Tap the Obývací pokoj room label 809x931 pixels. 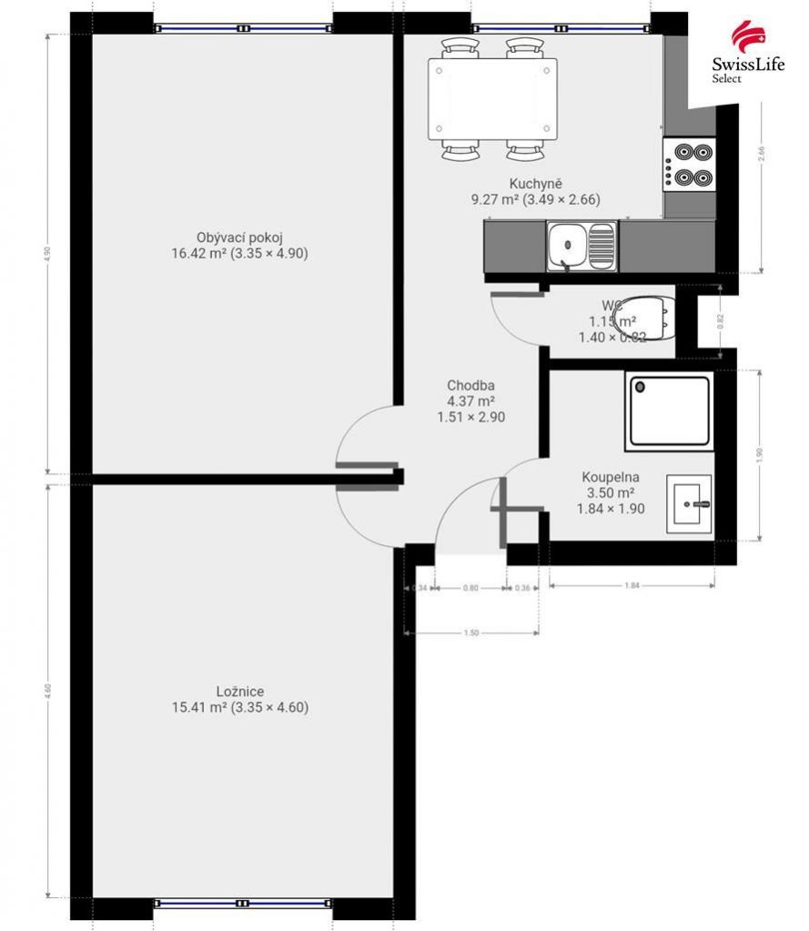coord(239,246)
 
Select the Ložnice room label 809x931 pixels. coord(240,699)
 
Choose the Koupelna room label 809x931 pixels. coord(611,492)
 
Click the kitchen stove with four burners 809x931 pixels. coord(689,164)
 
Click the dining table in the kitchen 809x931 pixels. coord(493,98)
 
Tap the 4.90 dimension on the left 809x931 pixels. coord(47,254)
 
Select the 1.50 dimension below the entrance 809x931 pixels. coord(471,633)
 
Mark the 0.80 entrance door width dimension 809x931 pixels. coord(470,589)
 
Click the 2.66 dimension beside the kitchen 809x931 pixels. coord(762,154)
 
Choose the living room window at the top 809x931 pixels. coord(243,28)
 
